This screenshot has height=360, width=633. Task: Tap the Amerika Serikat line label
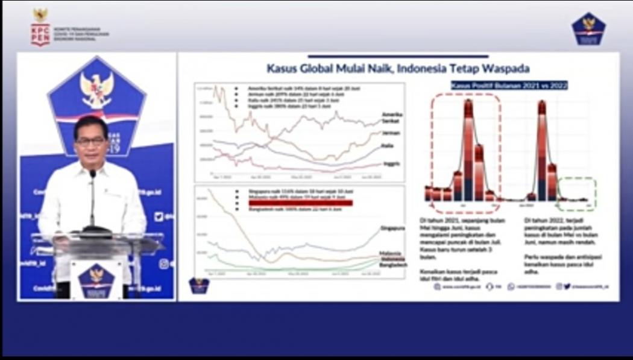[x=392, y=118]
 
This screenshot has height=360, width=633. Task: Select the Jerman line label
[x=391, y=133]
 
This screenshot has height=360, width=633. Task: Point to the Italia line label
[x=388, y=147]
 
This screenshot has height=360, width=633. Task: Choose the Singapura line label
[x=392, y=228]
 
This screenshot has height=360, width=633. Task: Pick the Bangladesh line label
[x=393, y=265]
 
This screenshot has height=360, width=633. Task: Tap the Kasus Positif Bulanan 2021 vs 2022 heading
[x=509, y=86]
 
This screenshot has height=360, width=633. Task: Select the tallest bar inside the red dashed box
[x=468, y=151]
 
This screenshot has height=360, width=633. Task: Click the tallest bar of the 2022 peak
[x=541, y=151]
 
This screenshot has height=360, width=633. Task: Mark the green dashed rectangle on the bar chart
[x=576, y=194]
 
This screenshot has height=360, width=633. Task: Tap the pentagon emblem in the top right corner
[x=588, y=28]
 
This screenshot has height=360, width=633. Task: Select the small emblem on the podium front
[x=96, y=279]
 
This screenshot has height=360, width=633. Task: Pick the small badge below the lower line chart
[x=199, y=285]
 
